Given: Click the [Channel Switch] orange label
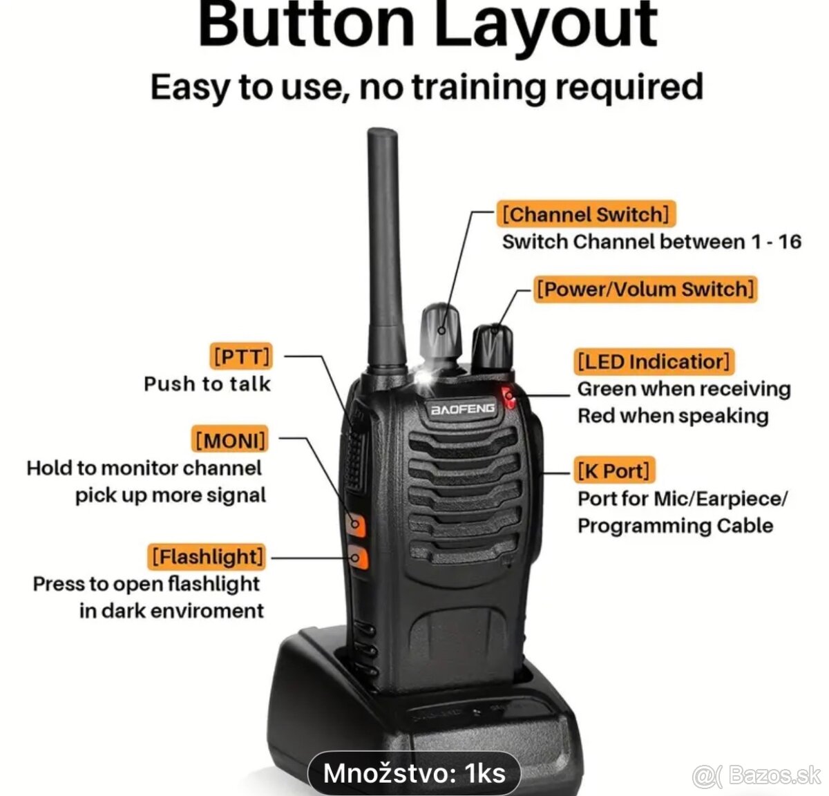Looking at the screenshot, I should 585,214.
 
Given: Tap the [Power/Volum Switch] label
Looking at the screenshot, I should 645,289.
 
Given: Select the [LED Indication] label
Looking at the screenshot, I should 654,361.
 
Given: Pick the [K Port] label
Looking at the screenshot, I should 614,471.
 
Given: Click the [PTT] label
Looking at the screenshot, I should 241,357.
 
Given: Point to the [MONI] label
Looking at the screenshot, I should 230,440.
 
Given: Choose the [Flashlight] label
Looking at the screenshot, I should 207,556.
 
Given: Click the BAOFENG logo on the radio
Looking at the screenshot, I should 463,409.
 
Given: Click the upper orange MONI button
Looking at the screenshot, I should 356,524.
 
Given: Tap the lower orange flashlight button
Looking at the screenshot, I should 357,557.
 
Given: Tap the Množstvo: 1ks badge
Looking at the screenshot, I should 414,773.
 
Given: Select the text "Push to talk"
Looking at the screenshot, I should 207,384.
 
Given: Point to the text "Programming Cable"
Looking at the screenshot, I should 675,526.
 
